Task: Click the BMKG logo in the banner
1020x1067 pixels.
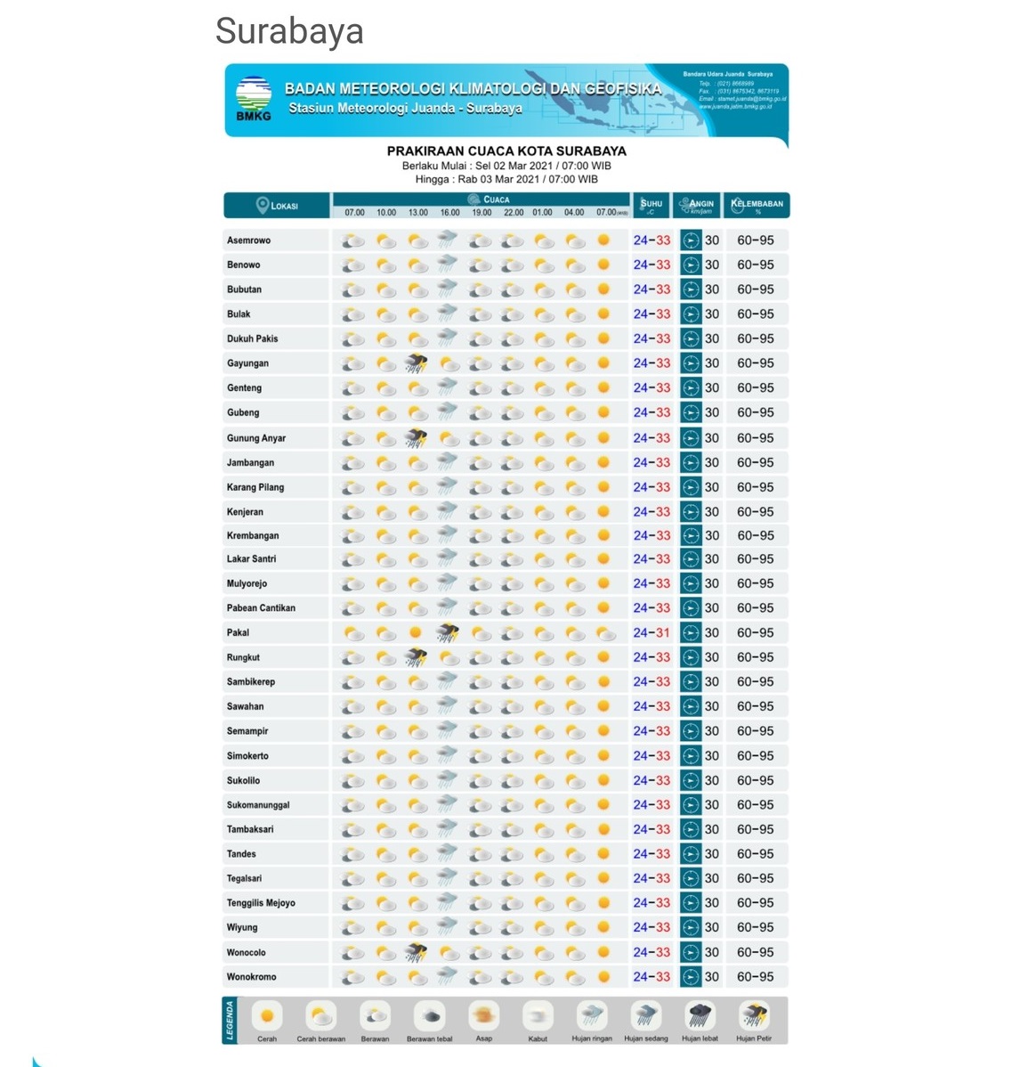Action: coord(254,97)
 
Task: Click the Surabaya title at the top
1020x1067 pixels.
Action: coord(289,31)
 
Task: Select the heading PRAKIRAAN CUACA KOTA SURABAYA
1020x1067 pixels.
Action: coord(506,151)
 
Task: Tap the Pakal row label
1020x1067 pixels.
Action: coord(238,632)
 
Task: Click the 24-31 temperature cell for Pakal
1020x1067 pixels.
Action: coord(652,632)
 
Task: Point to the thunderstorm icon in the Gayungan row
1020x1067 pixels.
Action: coord(417,363)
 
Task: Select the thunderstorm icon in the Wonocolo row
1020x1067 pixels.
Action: coord(417,952)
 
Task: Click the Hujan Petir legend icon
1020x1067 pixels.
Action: coord(754,1015)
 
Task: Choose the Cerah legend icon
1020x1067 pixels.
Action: coord(267,1015)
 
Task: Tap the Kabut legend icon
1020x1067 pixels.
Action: coord(538,1015)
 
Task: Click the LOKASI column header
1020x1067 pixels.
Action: coord(277,206)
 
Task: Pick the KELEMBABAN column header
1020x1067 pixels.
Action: coord(757,205)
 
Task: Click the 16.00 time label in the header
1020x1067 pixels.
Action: coord(449,213)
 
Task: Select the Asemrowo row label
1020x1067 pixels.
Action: coord(248,240)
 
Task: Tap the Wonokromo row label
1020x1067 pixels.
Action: coord(251,977)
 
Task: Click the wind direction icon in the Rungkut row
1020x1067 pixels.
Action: coord(691,657)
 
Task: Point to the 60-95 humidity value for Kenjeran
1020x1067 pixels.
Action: coord(755,512)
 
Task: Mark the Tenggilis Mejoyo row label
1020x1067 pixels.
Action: coord(261,903)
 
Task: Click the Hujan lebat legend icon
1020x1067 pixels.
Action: coord(700,1015)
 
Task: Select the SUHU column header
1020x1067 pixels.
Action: coord(652,205)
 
